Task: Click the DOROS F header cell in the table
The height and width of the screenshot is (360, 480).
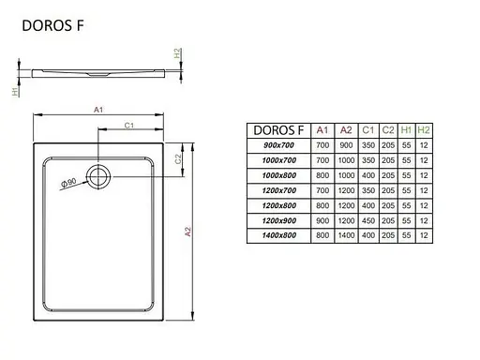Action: tap(277, 130)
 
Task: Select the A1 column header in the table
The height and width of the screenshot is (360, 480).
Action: tap(322, 130)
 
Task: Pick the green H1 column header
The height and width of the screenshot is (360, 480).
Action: tap(405, 130)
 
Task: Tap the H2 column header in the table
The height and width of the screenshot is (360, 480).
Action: tap(424, 130)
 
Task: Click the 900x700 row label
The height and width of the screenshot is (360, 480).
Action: tap(277, 146)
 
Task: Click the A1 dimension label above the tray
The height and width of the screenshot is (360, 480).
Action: tap(98, 111)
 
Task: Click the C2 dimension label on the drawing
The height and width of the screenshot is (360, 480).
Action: tap(178, 158)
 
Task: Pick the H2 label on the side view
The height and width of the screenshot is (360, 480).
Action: tap(178, 55)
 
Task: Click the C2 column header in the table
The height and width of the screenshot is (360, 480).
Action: tap(385, 130)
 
